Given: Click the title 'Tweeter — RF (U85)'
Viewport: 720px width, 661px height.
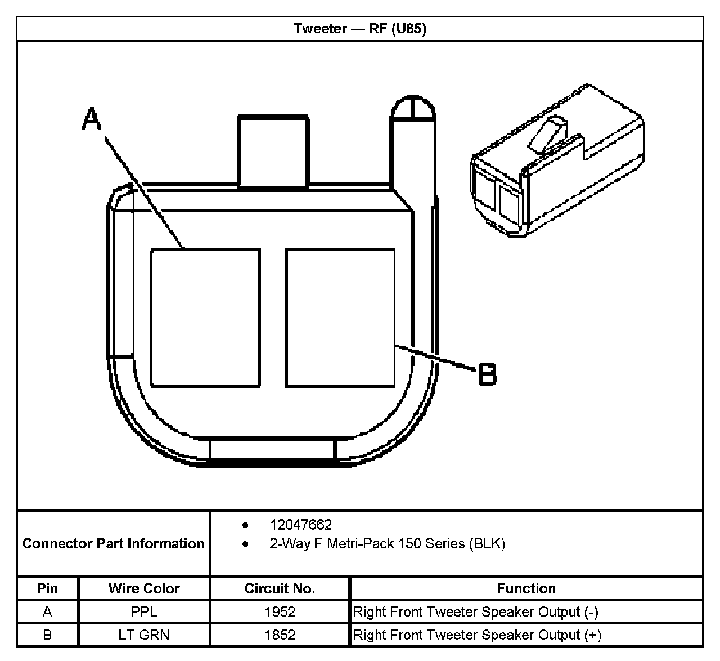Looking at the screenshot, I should point(359,29).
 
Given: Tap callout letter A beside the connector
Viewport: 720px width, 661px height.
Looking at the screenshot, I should point(91,119).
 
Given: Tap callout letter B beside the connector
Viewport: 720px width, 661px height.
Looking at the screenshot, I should point(487,374).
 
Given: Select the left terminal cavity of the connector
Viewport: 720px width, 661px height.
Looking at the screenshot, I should point(205,318).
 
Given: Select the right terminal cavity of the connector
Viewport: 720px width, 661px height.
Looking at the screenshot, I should point(340,318).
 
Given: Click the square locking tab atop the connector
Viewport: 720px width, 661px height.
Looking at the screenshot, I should point(273,151).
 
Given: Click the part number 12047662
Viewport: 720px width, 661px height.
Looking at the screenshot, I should point(301,525).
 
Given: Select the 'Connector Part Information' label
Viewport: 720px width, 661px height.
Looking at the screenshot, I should point(113,543).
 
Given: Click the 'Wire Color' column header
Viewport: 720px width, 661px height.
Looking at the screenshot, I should point(144,588).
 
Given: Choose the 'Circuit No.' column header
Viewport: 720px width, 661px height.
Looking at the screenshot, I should point(280,588).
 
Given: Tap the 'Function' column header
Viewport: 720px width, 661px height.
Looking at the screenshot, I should point(526,588).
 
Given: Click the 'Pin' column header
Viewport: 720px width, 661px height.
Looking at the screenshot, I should point(47,588).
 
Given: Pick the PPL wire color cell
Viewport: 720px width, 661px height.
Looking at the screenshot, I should point(144,611).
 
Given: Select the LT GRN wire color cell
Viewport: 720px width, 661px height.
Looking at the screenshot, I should point(144,635).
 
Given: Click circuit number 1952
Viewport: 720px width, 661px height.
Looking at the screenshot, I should point(280,611).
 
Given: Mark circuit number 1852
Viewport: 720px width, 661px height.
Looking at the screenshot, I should point(280,635).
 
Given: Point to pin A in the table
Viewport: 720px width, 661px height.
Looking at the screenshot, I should point(47,611).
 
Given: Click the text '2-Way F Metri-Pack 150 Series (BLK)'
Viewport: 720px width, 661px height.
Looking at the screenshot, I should point(387,543).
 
